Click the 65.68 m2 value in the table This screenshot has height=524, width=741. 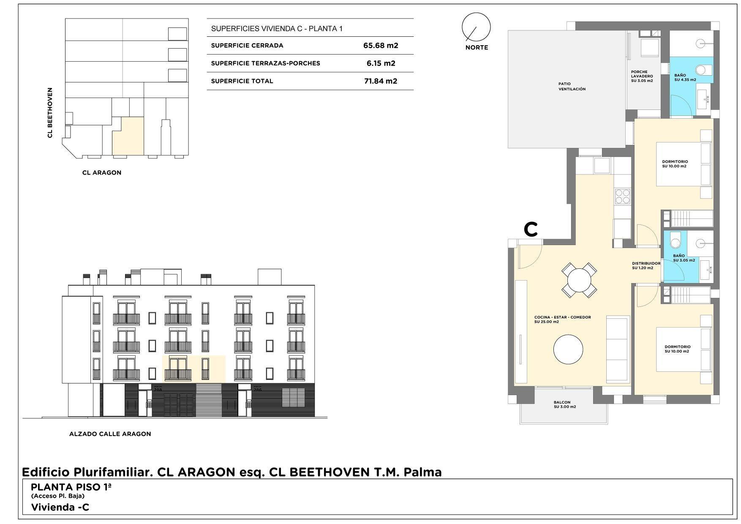tap(381, 46)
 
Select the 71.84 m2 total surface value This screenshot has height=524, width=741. tap(381, 81)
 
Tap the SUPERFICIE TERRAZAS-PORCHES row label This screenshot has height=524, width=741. tap(265, 63)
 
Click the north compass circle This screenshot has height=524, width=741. tap(476, 27)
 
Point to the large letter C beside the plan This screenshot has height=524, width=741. tap(531, 229)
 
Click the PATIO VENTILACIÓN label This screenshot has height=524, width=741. tap(572, 87)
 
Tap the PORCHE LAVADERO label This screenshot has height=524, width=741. tap(642, 76)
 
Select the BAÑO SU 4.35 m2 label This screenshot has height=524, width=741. tap(685, 77)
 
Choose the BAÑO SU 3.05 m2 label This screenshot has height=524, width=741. tap(684, 258)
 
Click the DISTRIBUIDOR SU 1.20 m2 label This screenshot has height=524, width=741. tap(646, 265)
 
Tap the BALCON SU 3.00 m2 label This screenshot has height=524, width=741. tap(565, 404)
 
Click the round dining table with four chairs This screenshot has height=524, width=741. tap(579, 279)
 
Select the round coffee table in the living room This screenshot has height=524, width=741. tap(568, 349)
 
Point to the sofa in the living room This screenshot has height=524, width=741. tap(618, 349)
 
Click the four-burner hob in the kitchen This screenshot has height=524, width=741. tap(622, 196)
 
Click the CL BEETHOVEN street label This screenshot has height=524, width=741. tap(50, 113)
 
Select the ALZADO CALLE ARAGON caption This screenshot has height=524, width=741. tap(110, 434)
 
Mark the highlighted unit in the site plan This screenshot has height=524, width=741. tap(128, 136)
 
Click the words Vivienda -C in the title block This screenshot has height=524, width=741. tap(60, 507)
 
